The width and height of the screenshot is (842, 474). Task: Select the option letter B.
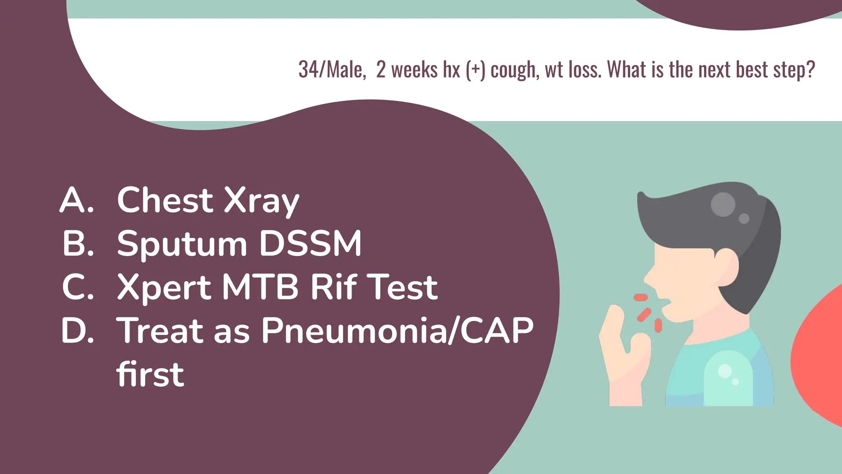point(78,244)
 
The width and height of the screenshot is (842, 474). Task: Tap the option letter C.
point(78,287)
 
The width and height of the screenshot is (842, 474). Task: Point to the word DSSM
point(310,244)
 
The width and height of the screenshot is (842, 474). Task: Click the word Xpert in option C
point(164,288)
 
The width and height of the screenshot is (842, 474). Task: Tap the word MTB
point(260,287)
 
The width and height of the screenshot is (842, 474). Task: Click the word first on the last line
point(150,374)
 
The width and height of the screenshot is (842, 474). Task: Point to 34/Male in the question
point(332,70)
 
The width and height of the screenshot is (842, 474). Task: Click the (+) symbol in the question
point(475,70)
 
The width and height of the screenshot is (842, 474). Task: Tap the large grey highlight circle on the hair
point(723,204)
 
